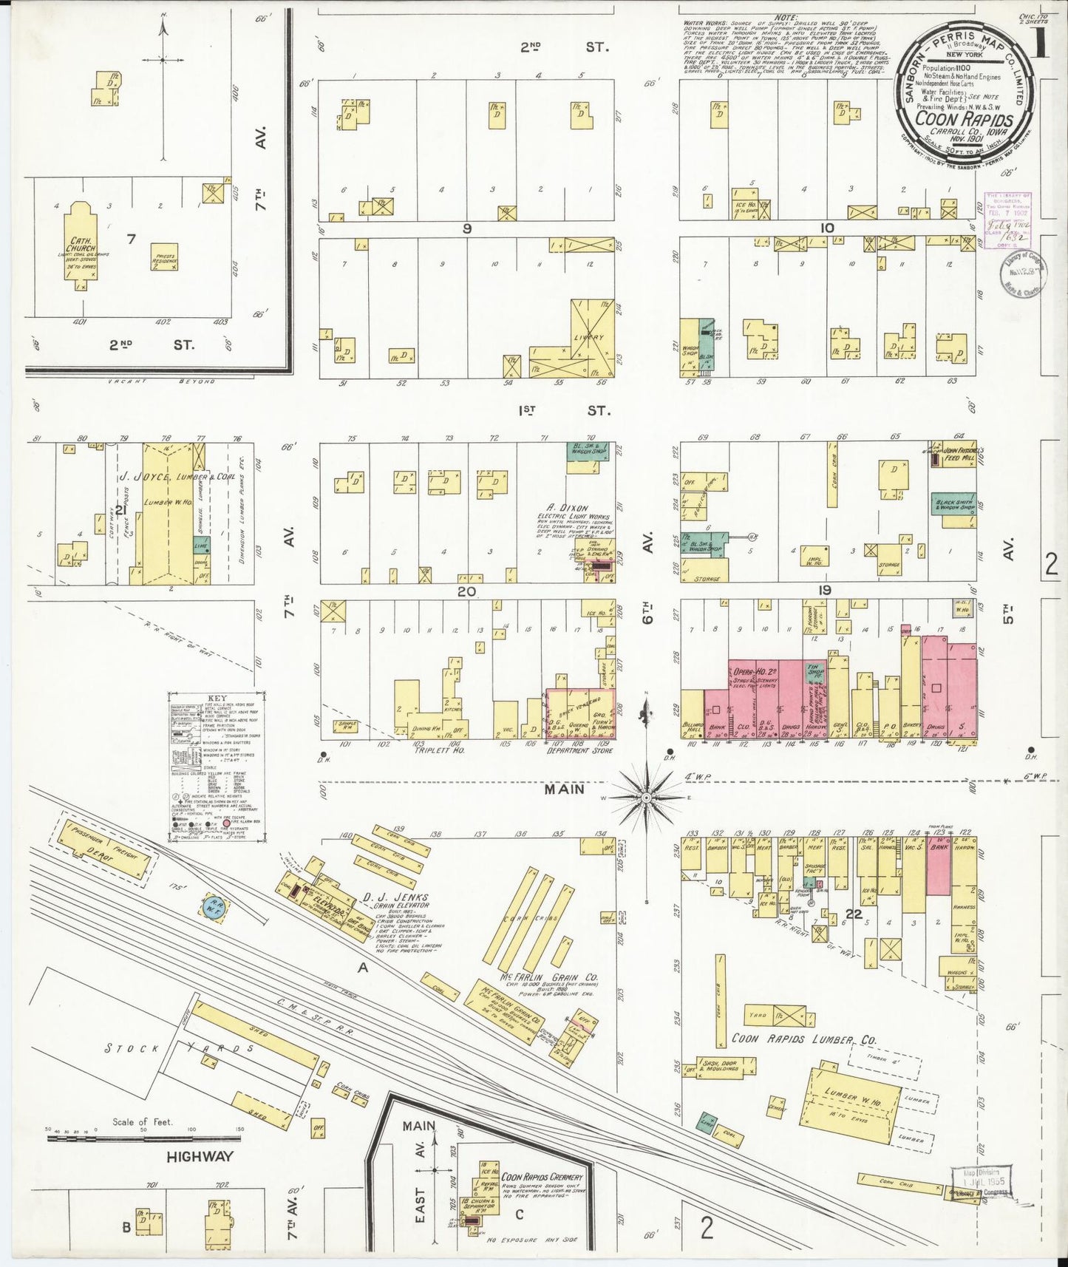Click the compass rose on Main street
click(646, 798)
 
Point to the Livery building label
click(588, 337)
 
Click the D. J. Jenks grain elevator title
click(395, 897)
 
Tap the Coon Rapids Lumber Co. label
click(803, 1039)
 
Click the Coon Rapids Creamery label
click(542, 1177)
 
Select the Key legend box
click(217, 766)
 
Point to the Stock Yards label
click(181, 1048)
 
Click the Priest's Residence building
click(164, 257)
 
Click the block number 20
click(466, 591)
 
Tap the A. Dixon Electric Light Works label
click(574, 512)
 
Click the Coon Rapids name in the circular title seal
click(965, 118)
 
